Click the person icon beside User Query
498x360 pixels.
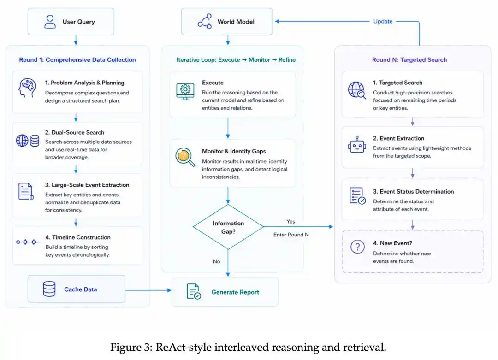pos(50,22)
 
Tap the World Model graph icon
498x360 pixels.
pos(205,21)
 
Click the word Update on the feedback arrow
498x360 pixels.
pos(383,21)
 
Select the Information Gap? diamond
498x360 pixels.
pos(228,227)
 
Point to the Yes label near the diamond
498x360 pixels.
pos(290,222)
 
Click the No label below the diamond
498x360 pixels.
pos(217,261)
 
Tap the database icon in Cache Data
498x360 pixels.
pos(49,289)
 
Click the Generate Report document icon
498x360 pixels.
pos(193,291)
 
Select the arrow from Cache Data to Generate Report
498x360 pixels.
pos(148,290)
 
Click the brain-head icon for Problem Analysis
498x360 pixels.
pos(27,88)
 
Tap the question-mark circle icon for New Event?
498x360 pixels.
pos(357,247)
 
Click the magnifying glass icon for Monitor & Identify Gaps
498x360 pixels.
pos(185,157)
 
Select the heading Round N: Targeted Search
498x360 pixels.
pos(409,59)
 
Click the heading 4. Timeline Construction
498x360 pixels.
pos(78,237)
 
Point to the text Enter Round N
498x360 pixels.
pos(291,235)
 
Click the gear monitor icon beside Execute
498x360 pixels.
pos(185,92)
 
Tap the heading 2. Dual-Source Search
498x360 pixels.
pos(74,132)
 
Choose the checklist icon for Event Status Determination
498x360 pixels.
pos(357,196)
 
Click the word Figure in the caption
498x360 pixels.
pos(130,347)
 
